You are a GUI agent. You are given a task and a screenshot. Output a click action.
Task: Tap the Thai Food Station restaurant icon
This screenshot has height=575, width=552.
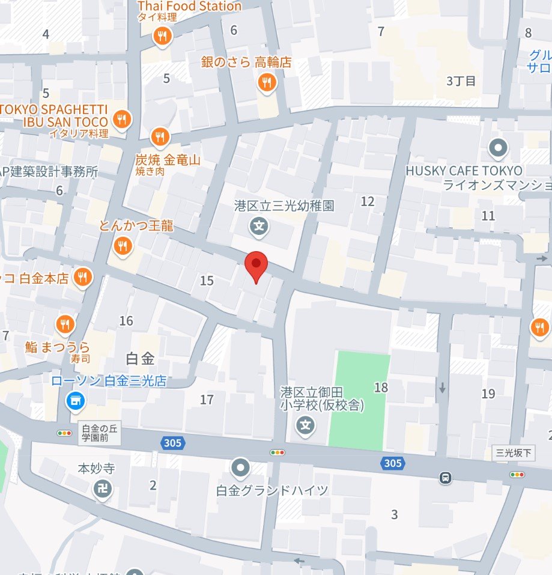(162, 37)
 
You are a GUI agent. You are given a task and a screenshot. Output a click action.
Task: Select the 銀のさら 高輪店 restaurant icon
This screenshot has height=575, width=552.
(267, 82)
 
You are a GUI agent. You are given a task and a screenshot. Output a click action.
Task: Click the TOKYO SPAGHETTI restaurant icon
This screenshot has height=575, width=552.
(123, 119)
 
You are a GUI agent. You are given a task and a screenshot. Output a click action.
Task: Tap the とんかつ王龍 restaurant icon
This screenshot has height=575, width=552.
(123, 245)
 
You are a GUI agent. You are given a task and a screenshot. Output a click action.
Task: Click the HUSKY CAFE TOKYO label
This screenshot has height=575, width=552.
(464, 171)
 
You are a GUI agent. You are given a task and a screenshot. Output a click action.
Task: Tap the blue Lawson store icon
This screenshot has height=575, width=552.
(75, 399)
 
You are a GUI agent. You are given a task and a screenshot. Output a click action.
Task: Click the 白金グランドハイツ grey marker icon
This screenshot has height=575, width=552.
(241, 467)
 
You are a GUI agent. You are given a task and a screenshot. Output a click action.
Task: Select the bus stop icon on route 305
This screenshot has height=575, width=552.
(445, 478)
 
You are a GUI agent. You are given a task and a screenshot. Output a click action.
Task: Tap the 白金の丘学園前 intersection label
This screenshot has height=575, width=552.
(99, 433)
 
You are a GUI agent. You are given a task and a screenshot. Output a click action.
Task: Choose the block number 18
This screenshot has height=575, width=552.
(381, 388)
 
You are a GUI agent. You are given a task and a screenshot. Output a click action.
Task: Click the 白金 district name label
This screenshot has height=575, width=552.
(141, 359)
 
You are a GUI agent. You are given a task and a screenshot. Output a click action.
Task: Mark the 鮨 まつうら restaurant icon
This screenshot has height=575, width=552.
(65, 325)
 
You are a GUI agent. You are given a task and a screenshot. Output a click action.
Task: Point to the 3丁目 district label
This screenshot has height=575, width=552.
(461, 81)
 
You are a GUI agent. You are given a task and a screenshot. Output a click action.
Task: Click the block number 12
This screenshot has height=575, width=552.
(368, 201)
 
